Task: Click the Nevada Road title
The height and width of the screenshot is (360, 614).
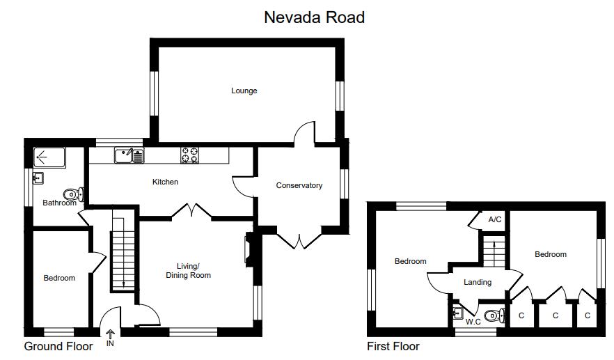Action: point(314,17)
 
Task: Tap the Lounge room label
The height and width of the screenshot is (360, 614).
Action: point(244,91)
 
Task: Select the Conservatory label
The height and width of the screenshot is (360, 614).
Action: point(299,186)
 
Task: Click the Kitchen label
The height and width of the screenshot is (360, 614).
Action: point(166,182)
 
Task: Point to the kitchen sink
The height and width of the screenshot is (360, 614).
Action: point(129,155)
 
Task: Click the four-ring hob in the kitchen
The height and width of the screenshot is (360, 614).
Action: point(190,155)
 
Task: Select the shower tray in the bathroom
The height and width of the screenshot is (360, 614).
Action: point(49,157)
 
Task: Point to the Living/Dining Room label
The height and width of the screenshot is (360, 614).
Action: point(188,271)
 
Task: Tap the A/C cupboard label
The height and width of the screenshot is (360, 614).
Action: point(495,220)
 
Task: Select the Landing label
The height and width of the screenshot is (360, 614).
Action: point(478,283)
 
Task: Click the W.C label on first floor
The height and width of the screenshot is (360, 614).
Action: point(473,322)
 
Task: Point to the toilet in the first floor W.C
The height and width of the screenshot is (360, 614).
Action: point(494,315)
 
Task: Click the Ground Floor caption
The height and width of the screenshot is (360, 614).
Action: point(58,346)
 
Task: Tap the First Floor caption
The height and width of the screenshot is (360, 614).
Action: point(393,346)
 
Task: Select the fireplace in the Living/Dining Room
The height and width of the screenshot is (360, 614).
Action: point(247,249)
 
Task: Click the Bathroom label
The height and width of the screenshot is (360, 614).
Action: point(60,203)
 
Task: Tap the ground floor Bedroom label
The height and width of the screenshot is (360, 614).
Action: point(59,279)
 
